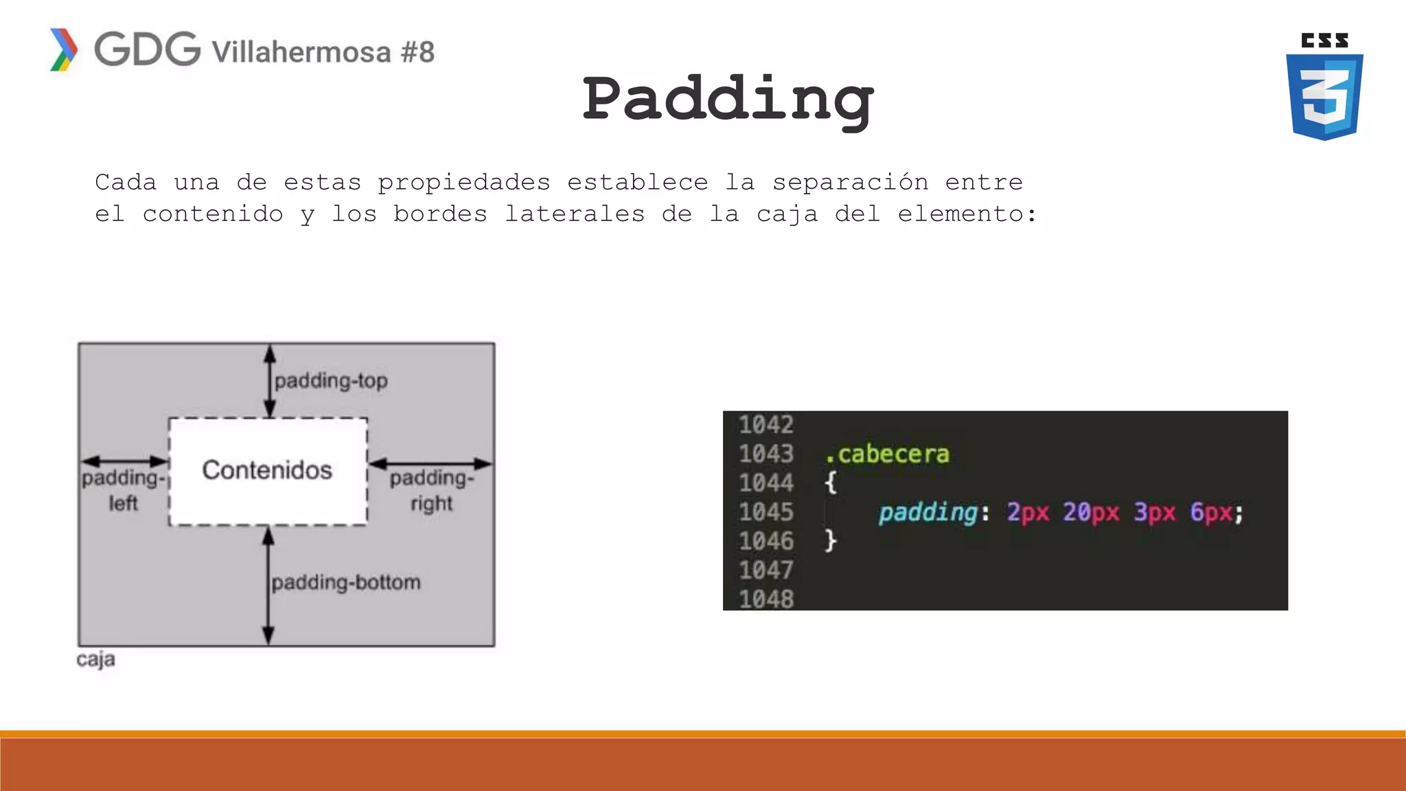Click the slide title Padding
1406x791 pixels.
pyautogui.click(x=728, y=100)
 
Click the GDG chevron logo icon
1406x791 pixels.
pyautogui.click(x=64, y=49)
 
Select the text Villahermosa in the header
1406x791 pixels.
pyautogui.click(x=301, y=52)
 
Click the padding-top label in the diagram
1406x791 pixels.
pyautogui.click(x=331, y=380)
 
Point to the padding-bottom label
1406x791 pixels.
pyautogui.click(x=346, y=582)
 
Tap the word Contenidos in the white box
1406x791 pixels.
pyautogui.click(x=267, y=470)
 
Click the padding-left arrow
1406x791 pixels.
pyautogui.click(x=124, y=461)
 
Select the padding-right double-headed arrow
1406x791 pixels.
pyautogui.click(x=430, y=463)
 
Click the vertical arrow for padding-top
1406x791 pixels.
pyautogui.click(x=270, y=381)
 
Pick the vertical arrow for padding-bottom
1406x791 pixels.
pyautogui.click(x=268, y=586)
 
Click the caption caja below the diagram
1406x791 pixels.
pyautogui.click(x=95, y=659)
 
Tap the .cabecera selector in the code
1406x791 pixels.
pyautogui.click(x=887, y=454)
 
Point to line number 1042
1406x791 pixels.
pyautogui.click(x=765, y=425)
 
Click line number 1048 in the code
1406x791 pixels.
pyautogui.click(x=765, y=599)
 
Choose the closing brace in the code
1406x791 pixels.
pyautogui.click(x=831, y=540)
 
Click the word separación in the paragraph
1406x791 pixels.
pyautogui.click(x=850, y=183)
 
